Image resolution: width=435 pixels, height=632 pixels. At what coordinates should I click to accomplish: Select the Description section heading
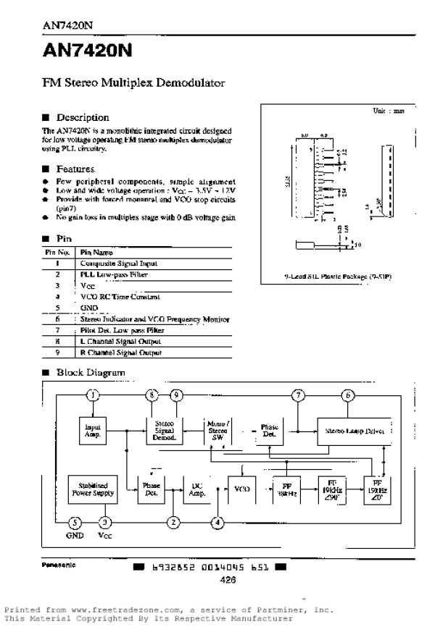coord(83,117)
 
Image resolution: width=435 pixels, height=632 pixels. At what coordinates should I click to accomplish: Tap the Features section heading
coord(75,169)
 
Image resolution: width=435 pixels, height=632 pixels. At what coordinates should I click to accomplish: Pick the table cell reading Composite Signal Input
coord(119,264)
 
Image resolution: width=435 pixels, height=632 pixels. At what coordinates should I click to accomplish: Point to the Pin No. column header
coord(57,253)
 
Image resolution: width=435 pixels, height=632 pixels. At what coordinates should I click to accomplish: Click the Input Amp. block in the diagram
coord(92,432)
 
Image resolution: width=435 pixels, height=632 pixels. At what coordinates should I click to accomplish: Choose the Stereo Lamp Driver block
coord(355,430)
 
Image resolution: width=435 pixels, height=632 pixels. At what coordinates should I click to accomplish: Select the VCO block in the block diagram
coord(242,490)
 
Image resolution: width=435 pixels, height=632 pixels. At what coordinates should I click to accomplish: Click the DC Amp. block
coord(196,490)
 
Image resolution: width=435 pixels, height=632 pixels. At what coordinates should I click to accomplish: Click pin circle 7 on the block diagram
coord(298,395)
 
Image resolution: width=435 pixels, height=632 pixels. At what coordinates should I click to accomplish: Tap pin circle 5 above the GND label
coord(75,522)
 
